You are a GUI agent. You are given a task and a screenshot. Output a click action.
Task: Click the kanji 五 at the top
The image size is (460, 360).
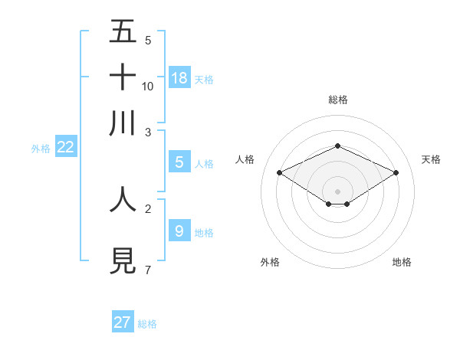(x=123, y=32)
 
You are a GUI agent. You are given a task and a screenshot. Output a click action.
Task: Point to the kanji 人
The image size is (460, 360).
(x=123, y=198)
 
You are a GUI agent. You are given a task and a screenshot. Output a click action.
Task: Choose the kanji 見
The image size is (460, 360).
(x=123, y=261)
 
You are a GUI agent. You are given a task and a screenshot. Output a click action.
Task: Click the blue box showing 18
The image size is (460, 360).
(x=179, y=77)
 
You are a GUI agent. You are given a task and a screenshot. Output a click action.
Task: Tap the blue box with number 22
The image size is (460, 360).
(x=65, y=148)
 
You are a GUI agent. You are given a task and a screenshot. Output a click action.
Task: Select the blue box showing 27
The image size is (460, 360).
(x=123, y=322)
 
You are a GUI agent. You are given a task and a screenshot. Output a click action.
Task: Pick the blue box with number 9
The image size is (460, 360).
(x=179, y=230)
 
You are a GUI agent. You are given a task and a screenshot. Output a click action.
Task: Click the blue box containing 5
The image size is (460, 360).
(x=179, y=162)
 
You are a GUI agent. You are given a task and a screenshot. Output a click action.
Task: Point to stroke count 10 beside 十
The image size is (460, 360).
(x=148, y=86)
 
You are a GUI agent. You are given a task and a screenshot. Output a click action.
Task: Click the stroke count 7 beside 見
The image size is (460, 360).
(x=147, y=270)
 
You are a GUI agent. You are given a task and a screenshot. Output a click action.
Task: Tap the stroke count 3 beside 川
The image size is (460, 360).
(x=147, y=131)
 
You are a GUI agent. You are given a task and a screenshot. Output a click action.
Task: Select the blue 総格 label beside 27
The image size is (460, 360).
(x=147, y=324)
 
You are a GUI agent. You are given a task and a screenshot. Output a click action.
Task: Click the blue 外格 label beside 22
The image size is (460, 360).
(x=41, y=149)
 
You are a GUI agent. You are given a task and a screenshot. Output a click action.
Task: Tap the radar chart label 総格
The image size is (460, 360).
(x=338, y=100)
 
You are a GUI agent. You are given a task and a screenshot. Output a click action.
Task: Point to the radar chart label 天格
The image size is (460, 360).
(x=432, y=159)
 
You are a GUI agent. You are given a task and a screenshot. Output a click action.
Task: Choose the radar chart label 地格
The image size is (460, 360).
(x=402, y=262)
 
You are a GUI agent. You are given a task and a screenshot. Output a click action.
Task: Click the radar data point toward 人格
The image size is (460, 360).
(x=280, y=172)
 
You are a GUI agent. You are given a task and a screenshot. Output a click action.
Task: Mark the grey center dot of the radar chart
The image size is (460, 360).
(x=338, y=191)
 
